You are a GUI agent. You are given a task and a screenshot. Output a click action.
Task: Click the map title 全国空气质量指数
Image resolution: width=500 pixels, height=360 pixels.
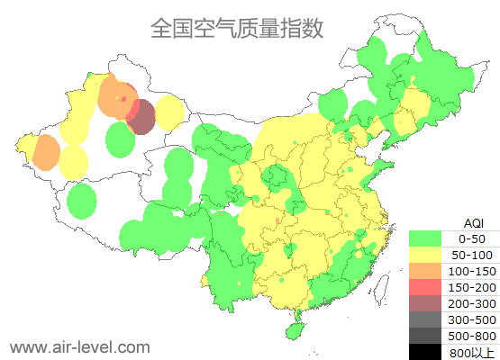click(237, 29)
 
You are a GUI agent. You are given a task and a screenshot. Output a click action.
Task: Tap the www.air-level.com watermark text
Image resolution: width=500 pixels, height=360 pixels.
click(79, 346)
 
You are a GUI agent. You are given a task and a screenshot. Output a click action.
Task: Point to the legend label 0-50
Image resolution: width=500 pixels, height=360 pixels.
click(472, 238)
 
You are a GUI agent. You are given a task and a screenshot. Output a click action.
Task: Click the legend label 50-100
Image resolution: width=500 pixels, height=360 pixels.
click(472, 255)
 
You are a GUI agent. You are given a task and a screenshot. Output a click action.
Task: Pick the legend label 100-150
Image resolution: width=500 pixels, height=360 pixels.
click(472, 271)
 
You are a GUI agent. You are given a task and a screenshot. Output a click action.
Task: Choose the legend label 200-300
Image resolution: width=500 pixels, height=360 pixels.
click(472, 303)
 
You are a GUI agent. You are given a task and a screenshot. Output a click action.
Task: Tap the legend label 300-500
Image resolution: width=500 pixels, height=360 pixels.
click(472, 319)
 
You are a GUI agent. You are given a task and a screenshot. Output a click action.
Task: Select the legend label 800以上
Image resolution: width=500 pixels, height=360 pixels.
click(472, 352)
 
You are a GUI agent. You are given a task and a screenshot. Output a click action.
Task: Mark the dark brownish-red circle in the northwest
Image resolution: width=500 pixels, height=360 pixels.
click(141, 116)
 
